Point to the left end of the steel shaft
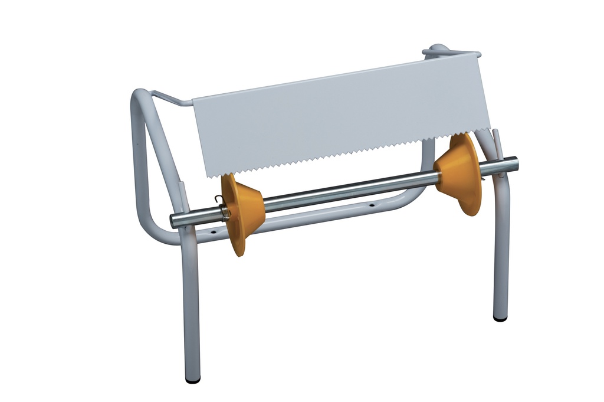pyautogui.click(x=173, y=221)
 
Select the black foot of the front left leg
pyautogui.click(x=192, y=380)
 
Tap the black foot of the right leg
pyautogui.click(x=500, y=319)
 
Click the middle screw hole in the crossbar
pyautogui.click(x=372, y=206)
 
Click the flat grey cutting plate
pyautogui.click(x=342, y=115)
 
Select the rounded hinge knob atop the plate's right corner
pyautogui.click(x=436, y=49)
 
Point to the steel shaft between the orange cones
pyautogui.click(x=348, y=190)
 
